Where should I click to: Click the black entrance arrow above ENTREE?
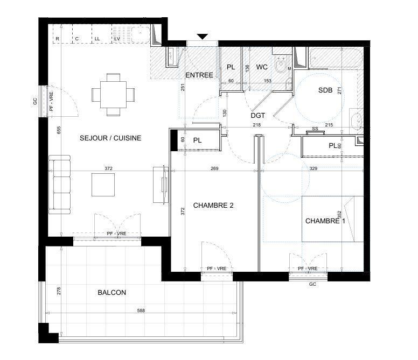pyautogui.click(x=202, y=37)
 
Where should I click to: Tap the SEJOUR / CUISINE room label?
pyautogui.click(x=110, y=138)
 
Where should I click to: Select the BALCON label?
pyautogui.click(x=112, y=293)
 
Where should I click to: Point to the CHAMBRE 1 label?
pyautogui.click(x=325, y=221)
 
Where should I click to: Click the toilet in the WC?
pyautogui.click(x=281, y=66)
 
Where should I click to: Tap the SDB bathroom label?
pyautogui.click(x=325, y=90)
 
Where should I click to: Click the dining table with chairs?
pyautogui.click(x=113, y=95)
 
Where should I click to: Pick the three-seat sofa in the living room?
pyautogui.click(x=59, y=183)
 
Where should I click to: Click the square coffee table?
pyautogui.click(x=103, y=185)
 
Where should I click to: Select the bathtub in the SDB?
pyautogui.click(x=336, y=58)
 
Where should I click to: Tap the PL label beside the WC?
pyautogui.click(x=231, y=67)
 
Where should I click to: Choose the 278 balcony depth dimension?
pyautogui.click(x=59, y=292)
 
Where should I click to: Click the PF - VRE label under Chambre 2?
pyautogui.click(x=217, y=269)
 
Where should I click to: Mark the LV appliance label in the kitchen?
pyautogui.click(x=117, y=39)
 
